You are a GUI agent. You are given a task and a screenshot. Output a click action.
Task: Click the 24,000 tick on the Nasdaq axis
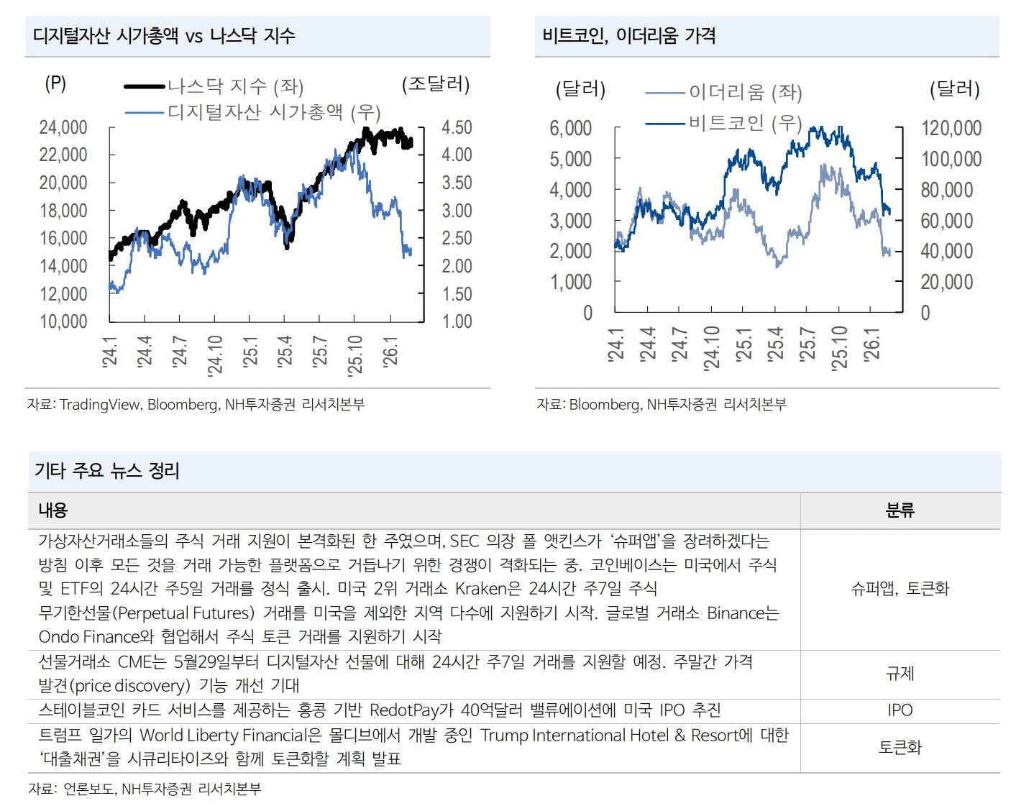(63, 128)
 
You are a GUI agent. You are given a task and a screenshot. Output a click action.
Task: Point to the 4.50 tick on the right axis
(457, 128)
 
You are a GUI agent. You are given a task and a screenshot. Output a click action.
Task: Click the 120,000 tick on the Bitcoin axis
(951, 129)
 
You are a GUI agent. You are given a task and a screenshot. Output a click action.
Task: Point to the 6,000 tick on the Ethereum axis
(571, 129)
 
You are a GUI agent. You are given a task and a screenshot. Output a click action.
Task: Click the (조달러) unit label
(435, 84)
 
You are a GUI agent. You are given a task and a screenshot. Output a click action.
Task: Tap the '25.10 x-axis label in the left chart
(356, 355)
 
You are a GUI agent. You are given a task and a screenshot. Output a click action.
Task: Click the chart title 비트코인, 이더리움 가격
(629, 36)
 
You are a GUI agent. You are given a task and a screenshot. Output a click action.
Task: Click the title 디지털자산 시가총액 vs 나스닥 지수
(164, 36)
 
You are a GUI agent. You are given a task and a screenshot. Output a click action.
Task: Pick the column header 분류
(900, 510)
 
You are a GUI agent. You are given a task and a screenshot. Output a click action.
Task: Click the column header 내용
(52, 510)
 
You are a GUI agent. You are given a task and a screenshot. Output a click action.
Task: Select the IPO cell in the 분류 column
(900, 710)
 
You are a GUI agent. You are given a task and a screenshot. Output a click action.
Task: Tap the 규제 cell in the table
(900, 674)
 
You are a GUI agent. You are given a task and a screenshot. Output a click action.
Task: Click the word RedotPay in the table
(404, 710)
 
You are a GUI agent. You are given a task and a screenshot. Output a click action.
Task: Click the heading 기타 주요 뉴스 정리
(107, 471)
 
